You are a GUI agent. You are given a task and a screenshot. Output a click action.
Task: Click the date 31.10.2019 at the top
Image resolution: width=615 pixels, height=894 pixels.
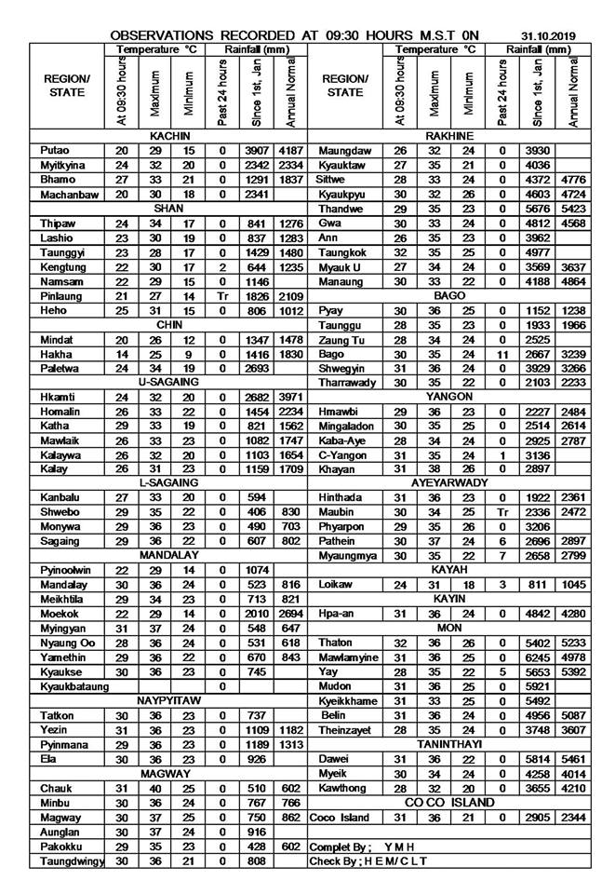click(x=548, y=36)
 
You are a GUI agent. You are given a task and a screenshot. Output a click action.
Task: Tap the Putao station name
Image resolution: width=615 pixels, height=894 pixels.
click(x=54, y=150)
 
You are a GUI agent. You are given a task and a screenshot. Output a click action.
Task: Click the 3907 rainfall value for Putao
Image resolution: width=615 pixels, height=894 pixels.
click(x=254, y=150)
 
